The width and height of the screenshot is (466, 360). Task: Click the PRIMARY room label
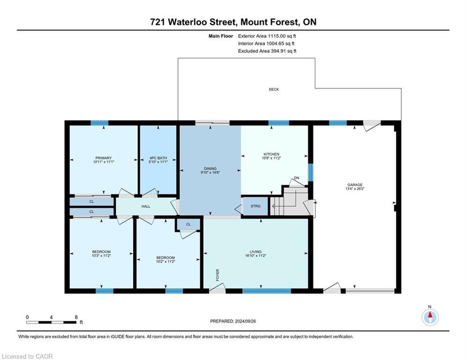click(103, 158)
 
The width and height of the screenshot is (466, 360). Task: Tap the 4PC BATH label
click(158, 158)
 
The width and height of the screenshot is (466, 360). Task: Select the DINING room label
click(209, 169)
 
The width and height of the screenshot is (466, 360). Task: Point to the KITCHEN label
click(271, 154)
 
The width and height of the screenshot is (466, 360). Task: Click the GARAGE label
click(358, 185)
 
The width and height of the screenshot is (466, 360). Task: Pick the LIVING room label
click(256, 252)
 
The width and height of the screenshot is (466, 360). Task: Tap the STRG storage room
click(255, 206)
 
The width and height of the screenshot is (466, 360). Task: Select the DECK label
click(274, 90)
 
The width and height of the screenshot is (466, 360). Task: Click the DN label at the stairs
click(296, 178)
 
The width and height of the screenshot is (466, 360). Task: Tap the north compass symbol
click(430, 317)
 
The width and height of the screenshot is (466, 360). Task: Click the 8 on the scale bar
click(76, 317)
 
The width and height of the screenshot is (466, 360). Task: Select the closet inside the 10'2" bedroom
click(188, 225)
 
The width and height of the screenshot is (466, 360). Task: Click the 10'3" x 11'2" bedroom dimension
click(101, 256)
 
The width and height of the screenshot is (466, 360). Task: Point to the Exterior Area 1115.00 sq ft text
click(267, 36)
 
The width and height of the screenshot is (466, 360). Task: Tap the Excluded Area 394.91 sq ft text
click(267, 51)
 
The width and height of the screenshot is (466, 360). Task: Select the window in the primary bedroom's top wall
click(99, 123)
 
